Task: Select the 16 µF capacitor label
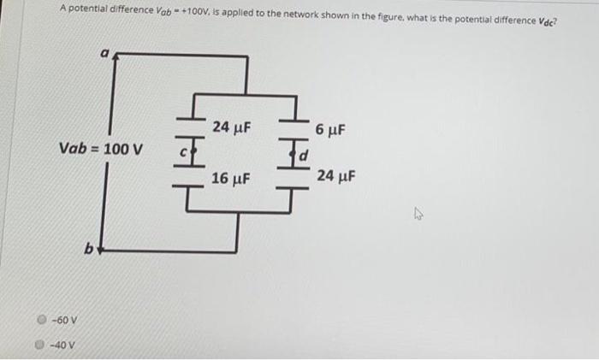(x=230, y=179)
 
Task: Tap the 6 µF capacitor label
(x=329, y=131)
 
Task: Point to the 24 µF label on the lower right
(x=335, y=176)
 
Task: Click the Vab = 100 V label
(x=101, y=149)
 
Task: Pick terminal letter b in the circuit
(x=88, y=250)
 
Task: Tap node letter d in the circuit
(x=301, y=156)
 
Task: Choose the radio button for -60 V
(x=40, y=322)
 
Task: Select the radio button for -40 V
(x=40, y=345)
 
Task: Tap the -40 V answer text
(x=60, y=345)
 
